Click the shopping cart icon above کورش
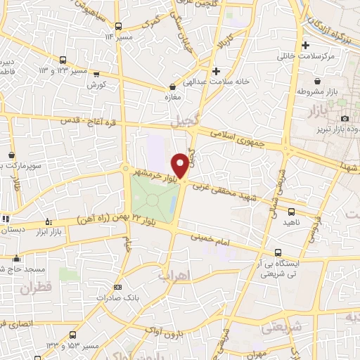click(96, 74)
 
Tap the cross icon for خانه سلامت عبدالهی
click(216, 71)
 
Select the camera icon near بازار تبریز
click(345, 118)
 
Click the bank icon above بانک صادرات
click(117, 287)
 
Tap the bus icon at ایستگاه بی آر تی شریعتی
click(279, 252)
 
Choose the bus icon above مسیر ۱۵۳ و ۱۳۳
click(73, 335)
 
